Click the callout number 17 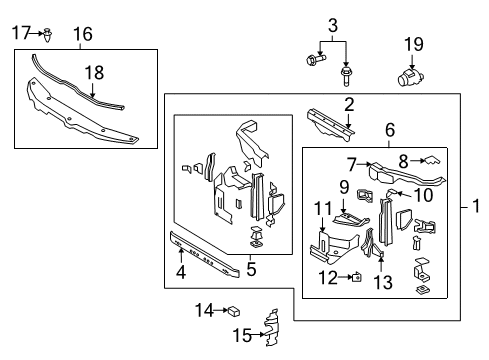[21, 33]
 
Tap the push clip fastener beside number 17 [49, 35]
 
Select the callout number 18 [94, 73]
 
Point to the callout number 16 [83, 34]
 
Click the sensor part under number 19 [410, 77]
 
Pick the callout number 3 [333, 26]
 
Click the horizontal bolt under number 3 [316, 60]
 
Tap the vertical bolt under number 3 [346, 77]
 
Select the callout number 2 [349, 105]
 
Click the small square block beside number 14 [234, 311]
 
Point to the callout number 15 [242, 335]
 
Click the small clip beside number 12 [357, 277]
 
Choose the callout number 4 [181, 272]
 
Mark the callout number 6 [390, 130]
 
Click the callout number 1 [476, 206]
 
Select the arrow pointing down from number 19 [412, 62]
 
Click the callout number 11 [323, 209]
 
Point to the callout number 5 [251, 269]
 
